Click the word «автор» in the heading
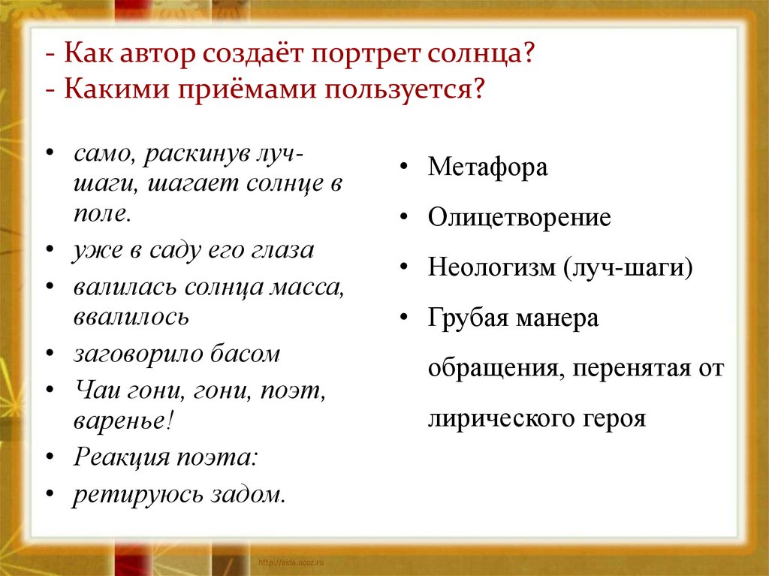(156, 53)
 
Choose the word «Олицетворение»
(520, 217)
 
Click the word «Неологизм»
(492, 267)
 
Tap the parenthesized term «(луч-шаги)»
(629, 268)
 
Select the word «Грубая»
(468, 318)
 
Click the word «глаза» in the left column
(282, 250)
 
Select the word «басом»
(246, 353)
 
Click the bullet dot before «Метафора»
(403, 166)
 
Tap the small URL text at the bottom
(291, 562)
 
